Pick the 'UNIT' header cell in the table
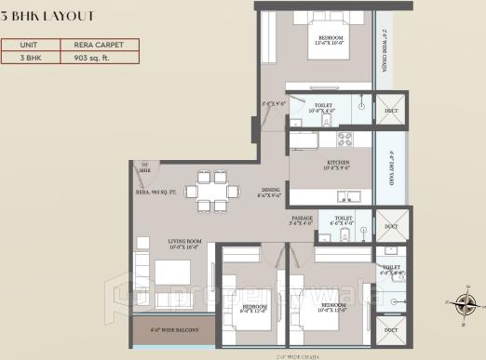click(x=30, y=44)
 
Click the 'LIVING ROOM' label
click(x=186, y=245)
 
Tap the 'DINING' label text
click(x=269, y=192)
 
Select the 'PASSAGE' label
click(x=302, y=220)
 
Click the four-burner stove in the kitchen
click(x=344, y=140)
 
